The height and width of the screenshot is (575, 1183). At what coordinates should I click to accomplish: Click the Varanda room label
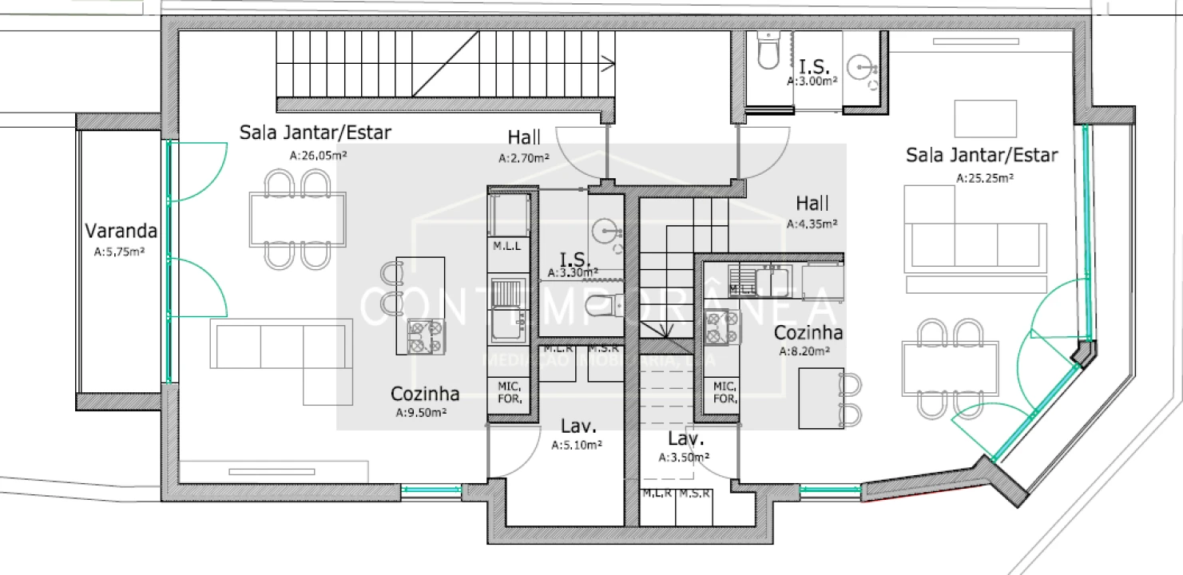121,232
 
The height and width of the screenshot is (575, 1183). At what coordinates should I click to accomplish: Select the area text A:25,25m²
985,179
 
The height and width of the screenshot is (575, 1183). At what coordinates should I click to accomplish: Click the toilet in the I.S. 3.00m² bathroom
768,54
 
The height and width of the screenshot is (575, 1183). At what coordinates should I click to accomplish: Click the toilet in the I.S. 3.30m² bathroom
605,304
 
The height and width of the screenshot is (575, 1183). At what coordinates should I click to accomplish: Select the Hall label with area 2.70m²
524,137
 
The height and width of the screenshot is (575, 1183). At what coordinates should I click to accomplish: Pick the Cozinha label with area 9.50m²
424,394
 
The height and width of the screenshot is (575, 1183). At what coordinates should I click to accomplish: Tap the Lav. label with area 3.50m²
685,438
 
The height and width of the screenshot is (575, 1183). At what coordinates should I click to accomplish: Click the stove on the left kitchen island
426,336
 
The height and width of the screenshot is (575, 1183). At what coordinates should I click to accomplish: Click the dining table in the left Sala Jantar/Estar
296,219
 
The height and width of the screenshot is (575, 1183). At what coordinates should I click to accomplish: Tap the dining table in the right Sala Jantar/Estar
950,367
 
